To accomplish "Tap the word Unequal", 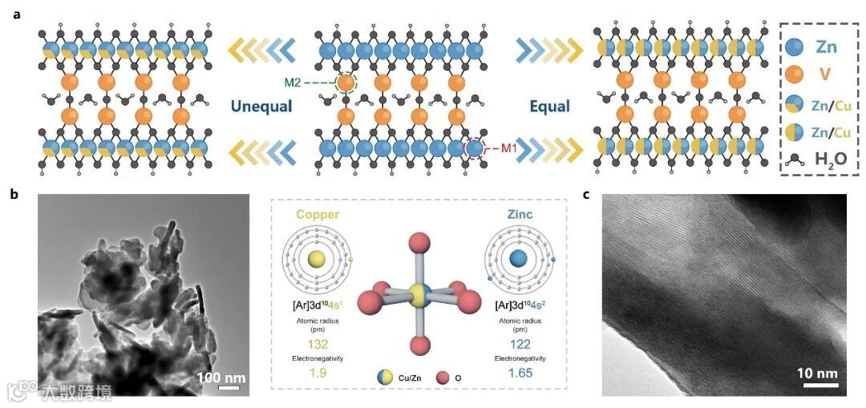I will pos(261,107).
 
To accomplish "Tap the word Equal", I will pos(549,107).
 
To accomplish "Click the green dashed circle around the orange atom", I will pos(346,82).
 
